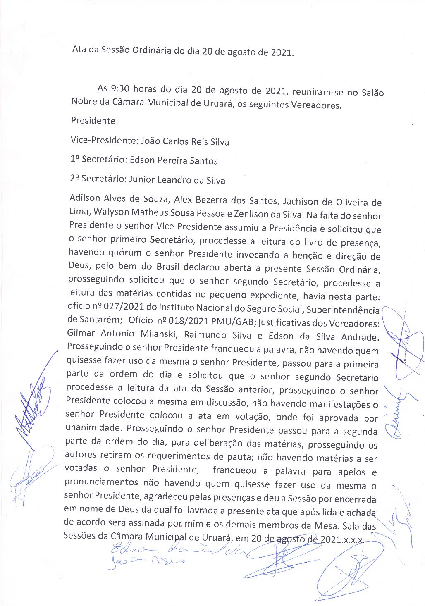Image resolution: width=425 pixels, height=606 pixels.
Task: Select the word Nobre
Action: tap(84, 102)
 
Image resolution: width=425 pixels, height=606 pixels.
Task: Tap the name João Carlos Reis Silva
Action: tap(185, 141)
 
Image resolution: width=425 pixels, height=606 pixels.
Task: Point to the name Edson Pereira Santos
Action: tap(174, 160)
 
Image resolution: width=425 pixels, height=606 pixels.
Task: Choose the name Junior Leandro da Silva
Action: tap(177, 180)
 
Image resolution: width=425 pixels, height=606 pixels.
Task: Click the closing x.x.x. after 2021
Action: tap(352, 540)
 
